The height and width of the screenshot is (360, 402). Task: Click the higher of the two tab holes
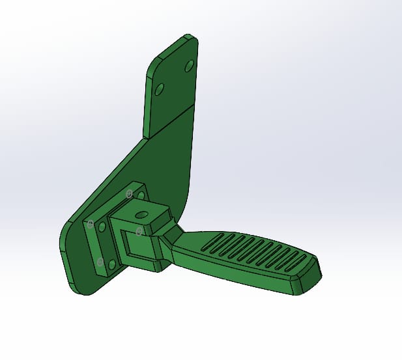pyautogui.click(x=190, y=66)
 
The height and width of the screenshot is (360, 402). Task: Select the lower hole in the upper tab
pyautogui.click(x=158, y=89)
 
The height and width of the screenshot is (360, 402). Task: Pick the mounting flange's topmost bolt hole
pyautogui.click(x=141, y=195)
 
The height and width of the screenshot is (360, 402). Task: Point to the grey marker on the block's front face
pyautogui.click(x=139, y=231)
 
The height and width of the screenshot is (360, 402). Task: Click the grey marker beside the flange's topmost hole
pyautogui.click(x=130, y=193)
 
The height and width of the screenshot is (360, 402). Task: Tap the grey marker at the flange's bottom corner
pyautogui.click(x=100, y=262)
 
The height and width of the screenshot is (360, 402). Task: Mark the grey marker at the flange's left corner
pyautogui.click(x=91, y=224)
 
